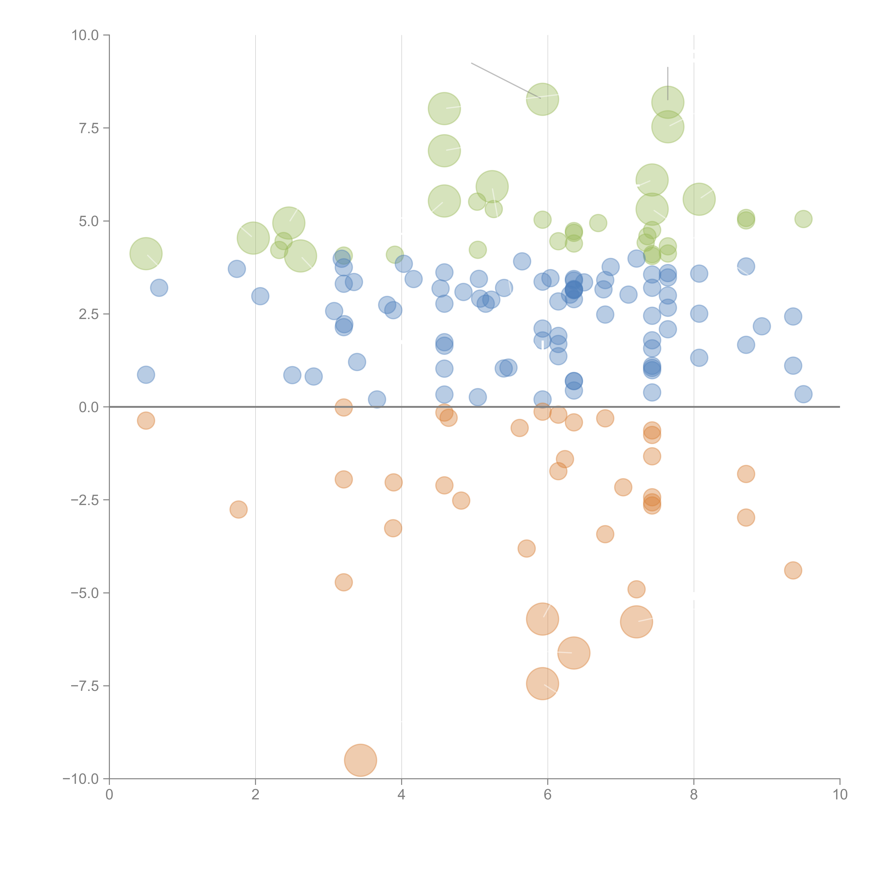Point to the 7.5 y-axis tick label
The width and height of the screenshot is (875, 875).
tap(89, 128)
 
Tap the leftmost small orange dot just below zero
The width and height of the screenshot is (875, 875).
tap(146, 421)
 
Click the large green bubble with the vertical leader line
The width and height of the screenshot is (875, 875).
tap(668, 102)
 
